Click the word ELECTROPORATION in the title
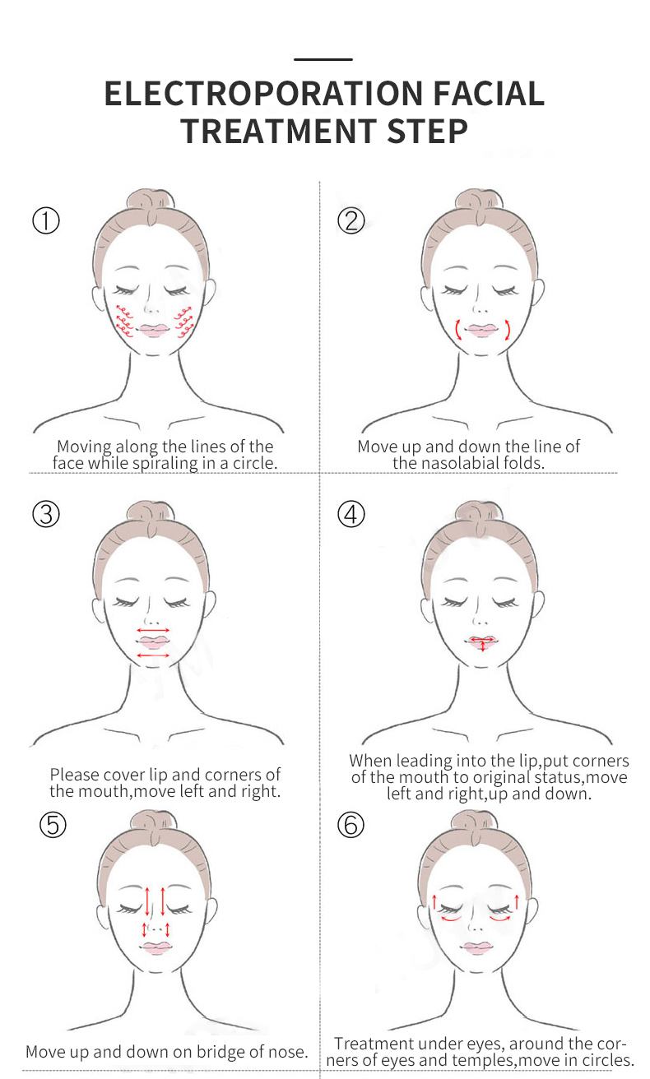[x=263, y=94]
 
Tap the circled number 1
[x=46, y=221]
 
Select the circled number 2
[x=351, y=221]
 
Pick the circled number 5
[x=53, y=824]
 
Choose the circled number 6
[x=351, y=824]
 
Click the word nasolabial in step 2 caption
[x=461, y=463]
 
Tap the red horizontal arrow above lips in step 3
[x=153, y=630]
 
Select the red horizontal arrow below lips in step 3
[x=153, y=655]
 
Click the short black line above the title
[x=323, y=59]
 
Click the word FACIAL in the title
[x=489, y=94]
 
